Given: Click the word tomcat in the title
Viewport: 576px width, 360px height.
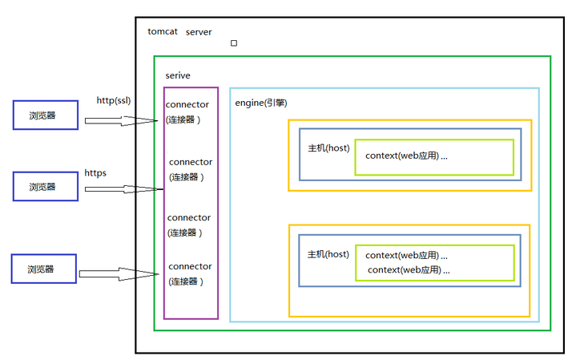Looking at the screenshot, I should pos(163,31).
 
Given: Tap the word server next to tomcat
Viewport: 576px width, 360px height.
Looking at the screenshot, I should pos(199,31).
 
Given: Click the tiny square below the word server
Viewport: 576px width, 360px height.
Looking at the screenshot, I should pos(234,43).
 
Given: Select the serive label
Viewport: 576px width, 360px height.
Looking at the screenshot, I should pos(178,75).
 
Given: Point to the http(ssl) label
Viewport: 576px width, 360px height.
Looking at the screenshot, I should pos(114,100).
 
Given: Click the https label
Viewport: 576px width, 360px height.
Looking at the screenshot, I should pos(95,172).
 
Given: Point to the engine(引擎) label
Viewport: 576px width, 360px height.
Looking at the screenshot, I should pos(260,103).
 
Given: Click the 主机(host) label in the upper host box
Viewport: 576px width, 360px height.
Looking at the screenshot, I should pos(328,149).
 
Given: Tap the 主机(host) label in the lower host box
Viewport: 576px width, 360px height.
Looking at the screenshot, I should pos(328,254).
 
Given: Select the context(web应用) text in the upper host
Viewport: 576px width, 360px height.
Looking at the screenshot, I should pos(406,156).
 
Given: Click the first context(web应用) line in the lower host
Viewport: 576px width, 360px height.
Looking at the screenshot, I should pos(406,255).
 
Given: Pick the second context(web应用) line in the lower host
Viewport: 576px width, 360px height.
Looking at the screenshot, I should pos(409,270).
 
